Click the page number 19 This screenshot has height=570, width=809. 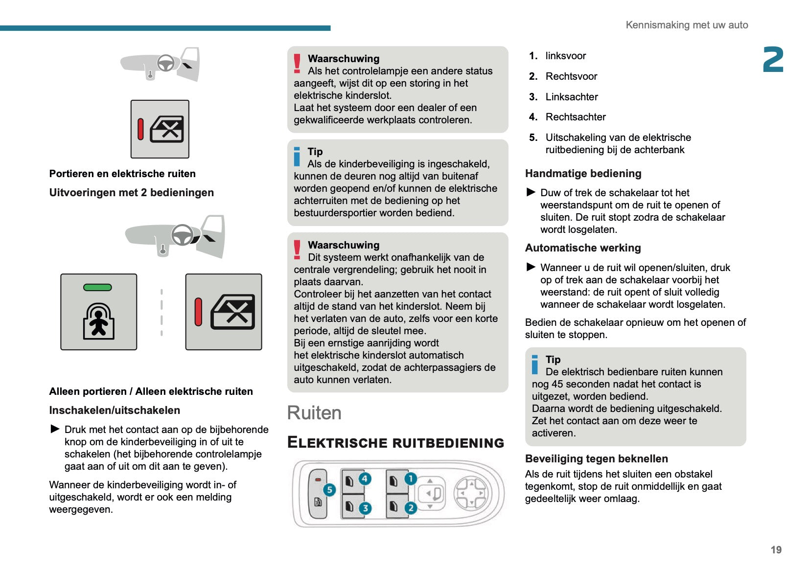(776, 549)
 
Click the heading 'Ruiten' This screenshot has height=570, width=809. (314, 413)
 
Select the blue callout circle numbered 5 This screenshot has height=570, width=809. (329, 490)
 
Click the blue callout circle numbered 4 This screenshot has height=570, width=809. (365, 479)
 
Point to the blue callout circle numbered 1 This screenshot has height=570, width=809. (411, 479)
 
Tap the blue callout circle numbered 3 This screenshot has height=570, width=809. (365, 508)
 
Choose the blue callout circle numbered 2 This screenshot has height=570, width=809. (411, 508)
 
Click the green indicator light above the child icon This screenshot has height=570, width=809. (98, 287)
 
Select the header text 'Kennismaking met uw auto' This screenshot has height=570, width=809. (687, 25)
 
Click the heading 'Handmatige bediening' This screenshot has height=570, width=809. (583, 173)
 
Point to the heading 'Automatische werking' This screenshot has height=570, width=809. (583, 248)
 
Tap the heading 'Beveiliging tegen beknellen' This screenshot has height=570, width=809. (596, 458)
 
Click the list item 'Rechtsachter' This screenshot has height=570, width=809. (576, 117)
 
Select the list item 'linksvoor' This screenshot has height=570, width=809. (565, 56)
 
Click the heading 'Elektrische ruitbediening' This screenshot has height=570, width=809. (395, 442)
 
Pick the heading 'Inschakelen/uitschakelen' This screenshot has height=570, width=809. (115, 410)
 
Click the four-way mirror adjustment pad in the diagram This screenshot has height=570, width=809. (470, 493)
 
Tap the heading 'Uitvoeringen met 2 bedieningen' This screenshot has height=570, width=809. (131, 192)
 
